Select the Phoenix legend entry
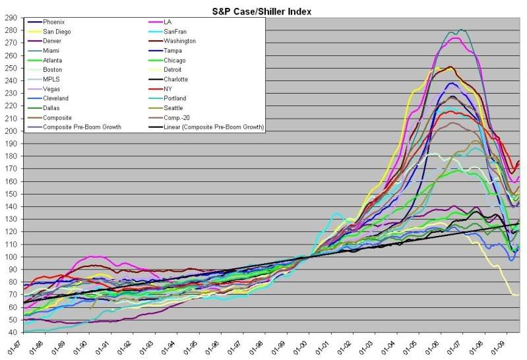[57, 22]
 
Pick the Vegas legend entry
[55, 88]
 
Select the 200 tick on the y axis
[11, 131]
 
